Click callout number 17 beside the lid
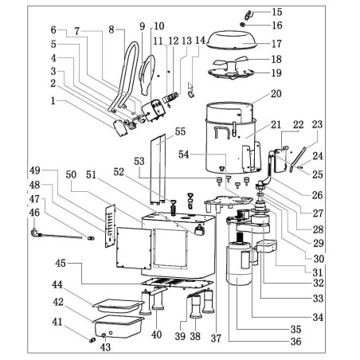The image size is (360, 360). pyautogui.click(x=276, y=44)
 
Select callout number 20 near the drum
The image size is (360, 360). pyautogui.click(x=276, y=93)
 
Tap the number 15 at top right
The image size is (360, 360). pyautogui.click(x=276, y=12)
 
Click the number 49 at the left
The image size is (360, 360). pyautogui.click(x=34, y=170)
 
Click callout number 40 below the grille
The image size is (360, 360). pyautogui.click(x=158, y=335)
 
